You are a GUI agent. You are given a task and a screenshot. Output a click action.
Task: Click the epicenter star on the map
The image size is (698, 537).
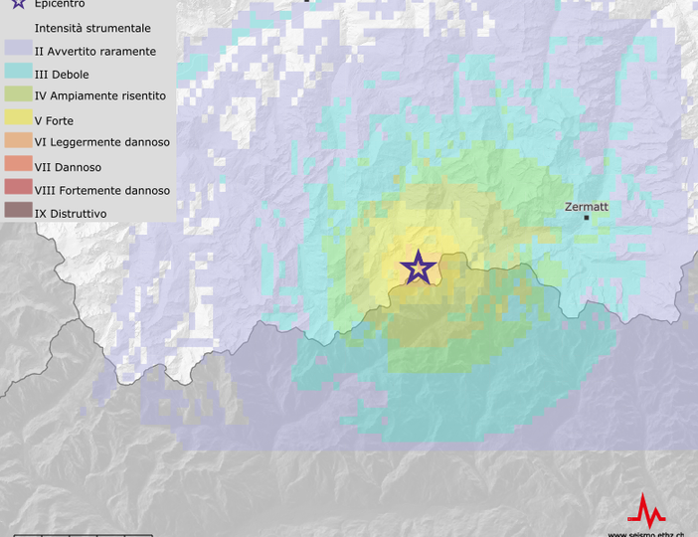coord(418,268)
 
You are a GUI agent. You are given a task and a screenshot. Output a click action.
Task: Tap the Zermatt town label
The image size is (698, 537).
coord(586,207)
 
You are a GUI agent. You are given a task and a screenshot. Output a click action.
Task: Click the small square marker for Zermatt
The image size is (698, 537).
coord(587,217)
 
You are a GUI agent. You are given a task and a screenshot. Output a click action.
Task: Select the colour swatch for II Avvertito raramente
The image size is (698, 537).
coord(18,51)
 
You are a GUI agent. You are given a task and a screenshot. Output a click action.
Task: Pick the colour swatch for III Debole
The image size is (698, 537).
coord(18,74)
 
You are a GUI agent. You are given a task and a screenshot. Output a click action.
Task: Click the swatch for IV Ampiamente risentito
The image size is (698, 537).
coord(18,96)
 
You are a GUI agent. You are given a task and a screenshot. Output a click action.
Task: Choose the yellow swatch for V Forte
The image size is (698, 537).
coord(18,119)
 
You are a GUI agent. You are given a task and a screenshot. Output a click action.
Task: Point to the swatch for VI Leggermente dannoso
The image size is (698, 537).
coord(18,142)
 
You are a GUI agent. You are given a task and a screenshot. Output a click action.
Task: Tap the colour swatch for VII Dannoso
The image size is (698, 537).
coord(18,166)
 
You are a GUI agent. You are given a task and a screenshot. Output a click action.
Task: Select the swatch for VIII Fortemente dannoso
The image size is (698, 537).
coord(18,189)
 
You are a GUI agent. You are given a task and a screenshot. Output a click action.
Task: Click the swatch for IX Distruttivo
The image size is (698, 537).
coord(18,212)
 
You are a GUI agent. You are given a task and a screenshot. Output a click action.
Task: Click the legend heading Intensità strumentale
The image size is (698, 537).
coord(92,29)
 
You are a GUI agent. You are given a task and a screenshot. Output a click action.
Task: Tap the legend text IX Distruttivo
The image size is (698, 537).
coord(71,213)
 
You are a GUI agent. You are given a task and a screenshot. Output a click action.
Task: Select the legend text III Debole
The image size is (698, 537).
coord(62,75)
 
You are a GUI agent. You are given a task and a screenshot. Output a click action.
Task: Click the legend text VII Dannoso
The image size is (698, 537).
coord(68,167)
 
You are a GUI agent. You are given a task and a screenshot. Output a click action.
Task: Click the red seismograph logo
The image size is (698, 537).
coord(647,511)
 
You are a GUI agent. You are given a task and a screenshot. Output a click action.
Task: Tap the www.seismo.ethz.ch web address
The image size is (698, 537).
coord(646,534)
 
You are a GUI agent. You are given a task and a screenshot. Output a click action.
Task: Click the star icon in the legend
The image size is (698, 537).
coord(18,4)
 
